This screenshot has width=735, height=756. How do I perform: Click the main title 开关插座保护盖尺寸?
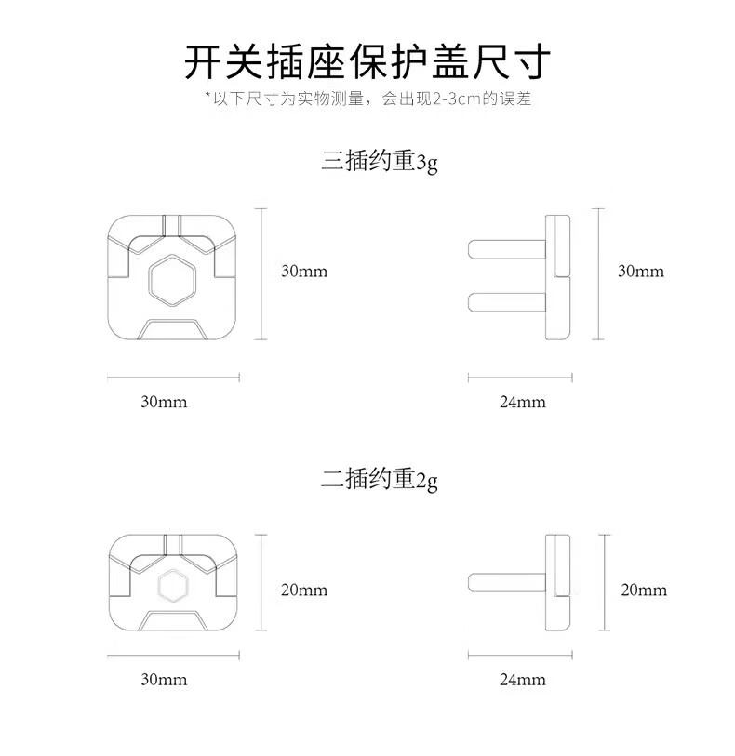tap(367, 61)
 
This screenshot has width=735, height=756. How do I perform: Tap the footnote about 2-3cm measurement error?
tap(368, 99)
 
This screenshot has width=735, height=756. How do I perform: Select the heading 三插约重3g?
tap(380, 161)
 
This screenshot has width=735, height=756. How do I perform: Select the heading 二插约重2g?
tap(380, 480)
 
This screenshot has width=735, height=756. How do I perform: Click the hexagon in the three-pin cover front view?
tap(172, 279)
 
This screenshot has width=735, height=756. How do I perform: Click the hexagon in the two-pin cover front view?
tap(172, 585)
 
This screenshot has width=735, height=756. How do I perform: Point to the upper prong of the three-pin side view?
tap(507, 249)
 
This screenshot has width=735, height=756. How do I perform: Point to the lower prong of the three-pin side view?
tap(507, 302)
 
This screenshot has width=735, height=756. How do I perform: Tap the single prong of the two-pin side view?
tap(507, 582)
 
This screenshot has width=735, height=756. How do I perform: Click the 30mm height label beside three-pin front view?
tap(304, 271)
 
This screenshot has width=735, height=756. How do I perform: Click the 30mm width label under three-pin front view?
tap(164, 402)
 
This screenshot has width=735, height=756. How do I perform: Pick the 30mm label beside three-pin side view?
tap(641, 271)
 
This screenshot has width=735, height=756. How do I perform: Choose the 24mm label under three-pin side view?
tap(523, 402)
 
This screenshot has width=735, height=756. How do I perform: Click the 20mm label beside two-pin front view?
tap(304, 590)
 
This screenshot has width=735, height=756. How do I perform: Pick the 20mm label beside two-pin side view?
tap(644, 590)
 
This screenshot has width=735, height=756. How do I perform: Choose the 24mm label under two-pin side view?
tap(523, 680)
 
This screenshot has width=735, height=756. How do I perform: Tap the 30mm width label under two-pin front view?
tap(164, 680)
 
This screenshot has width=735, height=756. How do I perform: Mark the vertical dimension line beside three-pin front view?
tap(261, 274)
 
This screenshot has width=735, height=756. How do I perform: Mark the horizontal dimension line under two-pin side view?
tap(520, 655)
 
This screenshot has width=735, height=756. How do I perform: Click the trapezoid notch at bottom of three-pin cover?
tap(172, 329)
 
